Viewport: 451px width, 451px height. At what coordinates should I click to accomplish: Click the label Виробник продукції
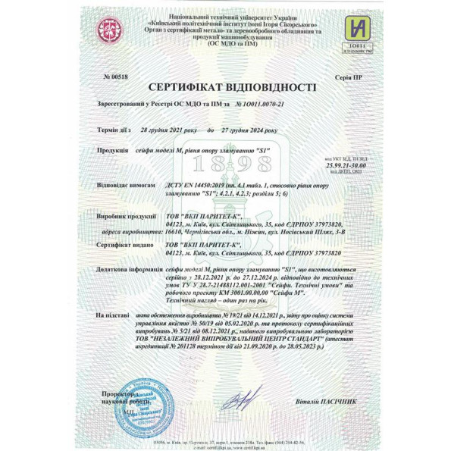[127, 216]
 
